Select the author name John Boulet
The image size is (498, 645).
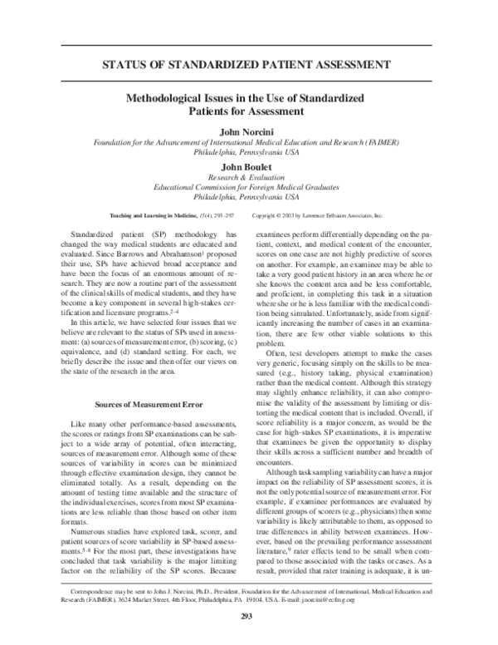point(248,166)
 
